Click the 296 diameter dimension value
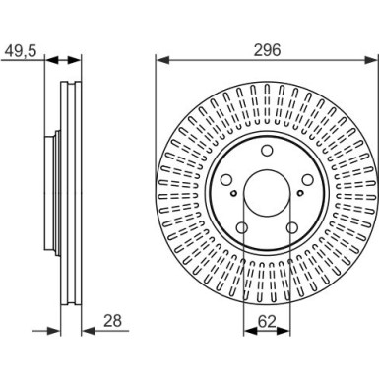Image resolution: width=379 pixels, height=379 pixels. click(268, 50)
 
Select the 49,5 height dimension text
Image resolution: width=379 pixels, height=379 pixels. click(21, 51)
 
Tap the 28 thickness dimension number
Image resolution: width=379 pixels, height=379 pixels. click(112, 321)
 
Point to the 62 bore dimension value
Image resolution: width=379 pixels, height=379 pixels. click(267, 322)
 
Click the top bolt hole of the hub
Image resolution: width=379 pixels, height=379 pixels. click(267, 151)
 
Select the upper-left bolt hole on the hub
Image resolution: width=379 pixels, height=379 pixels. click(226, 180)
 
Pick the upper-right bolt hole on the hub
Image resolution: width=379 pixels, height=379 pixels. click(308, 180)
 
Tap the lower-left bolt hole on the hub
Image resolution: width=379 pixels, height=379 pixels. click(242, 227)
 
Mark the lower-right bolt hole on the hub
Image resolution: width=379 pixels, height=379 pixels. click(292, 227)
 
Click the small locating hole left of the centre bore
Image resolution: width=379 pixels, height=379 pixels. click(233, 193)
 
